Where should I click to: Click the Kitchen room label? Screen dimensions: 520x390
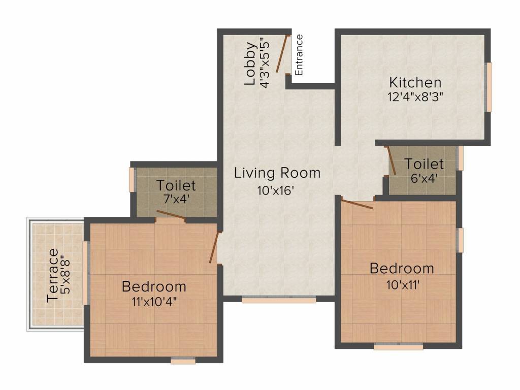415,82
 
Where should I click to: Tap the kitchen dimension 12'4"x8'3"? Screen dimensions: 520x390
415,97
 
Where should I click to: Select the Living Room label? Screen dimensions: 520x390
277,173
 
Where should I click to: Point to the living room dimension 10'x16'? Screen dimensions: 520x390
276,190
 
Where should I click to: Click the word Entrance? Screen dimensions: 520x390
299,55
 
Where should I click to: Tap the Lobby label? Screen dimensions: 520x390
251,63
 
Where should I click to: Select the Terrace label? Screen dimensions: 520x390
53,276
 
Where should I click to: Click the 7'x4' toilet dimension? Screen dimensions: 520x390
176,199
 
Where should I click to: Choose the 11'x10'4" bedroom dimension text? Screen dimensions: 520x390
154,302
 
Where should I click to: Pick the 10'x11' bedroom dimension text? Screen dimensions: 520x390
403,284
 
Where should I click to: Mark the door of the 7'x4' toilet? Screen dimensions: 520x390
171,215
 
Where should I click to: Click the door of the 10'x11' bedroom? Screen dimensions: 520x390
357,204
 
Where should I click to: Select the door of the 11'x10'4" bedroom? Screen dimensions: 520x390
214,247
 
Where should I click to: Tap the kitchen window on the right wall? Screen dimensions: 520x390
489,87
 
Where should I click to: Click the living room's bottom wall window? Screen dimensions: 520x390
279,300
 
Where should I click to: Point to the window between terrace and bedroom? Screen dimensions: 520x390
85,273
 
